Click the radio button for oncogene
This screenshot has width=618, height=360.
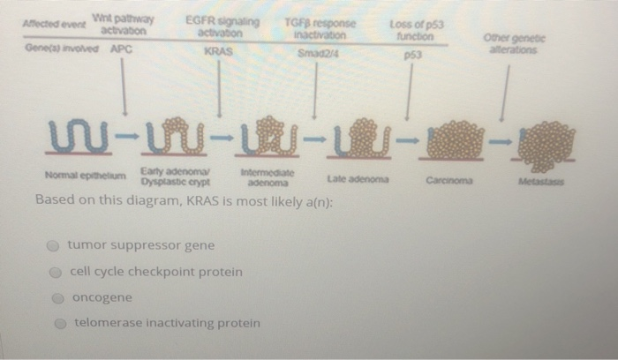coord(56,298)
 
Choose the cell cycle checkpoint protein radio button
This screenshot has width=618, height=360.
coord(56,272)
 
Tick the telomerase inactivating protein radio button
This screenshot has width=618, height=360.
coord(56,324)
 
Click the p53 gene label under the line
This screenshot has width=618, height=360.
coord(409,54)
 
